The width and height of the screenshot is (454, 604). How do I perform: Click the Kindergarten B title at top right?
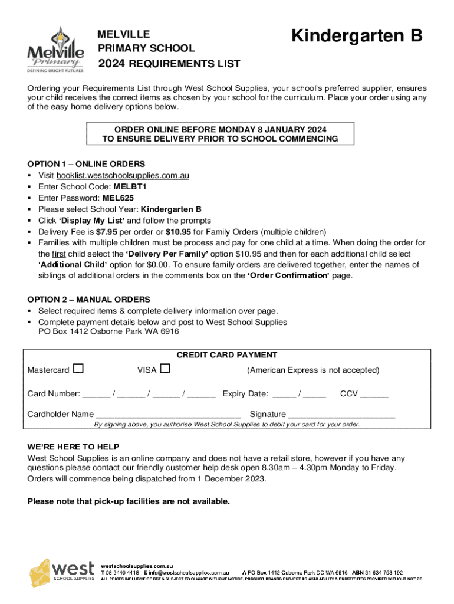357,37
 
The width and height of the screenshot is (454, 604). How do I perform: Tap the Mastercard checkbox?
78,369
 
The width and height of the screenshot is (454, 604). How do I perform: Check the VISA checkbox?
165,369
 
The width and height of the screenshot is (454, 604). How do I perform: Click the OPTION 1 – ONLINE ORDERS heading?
86,164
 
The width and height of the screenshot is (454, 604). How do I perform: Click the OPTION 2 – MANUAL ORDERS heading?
88,300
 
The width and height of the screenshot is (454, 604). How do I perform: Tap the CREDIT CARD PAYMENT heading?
227,355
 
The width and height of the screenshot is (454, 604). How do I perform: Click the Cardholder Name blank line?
168,415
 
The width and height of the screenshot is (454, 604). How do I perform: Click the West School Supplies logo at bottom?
62,572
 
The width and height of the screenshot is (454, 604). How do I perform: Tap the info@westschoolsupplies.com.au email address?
189,572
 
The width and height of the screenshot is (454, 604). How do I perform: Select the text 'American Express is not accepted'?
313,370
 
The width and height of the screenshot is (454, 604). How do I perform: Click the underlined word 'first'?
57,254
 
